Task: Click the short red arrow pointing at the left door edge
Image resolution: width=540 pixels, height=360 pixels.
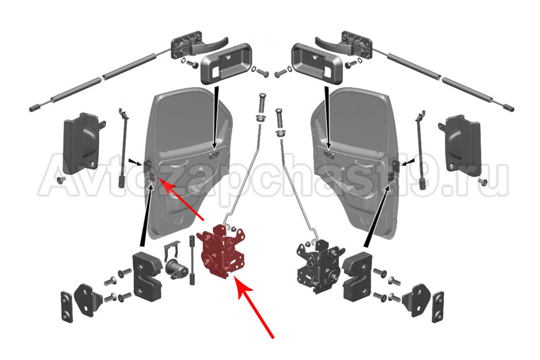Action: click(183, 200)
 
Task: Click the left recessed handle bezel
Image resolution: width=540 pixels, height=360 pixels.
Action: click(226, 63)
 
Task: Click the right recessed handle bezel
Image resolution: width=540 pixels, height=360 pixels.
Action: click(317, 63)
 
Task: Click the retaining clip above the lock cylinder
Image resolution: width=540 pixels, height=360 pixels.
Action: click(172, 250)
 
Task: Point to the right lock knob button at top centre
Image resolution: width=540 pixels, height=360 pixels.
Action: click(280, 122)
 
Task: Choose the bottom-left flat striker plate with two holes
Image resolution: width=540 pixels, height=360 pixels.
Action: click(66, 307)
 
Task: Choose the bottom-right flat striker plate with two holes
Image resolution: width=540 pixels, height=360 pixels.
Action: click(438, 307)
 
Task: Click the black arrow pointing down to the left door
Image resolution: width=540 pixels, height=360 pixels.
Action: click(216, 118)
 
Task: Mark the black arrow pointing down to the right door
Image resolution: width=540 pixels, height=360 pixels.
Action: click(327, 118)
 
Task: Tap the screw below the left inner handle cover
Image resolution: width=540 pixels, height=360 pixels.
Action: click(60, 180)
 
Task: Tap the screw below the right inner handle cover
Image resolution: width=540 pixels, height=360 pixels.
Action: click(482, 181)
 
